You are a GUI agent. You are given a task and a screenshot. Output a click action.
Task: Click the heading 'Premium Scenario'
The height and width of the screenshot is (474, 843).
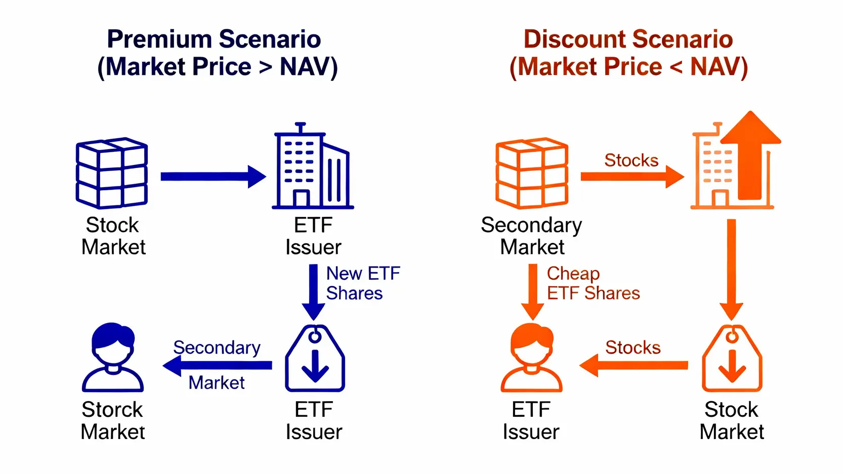[214, 39]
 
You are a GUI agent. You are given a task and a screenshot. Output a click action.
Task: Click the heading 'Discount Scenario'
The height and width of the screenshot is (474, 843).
[628, 39]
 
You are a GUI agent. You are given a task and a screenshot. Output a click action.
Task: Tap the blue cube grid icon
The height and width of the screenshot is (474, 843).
[112, 173]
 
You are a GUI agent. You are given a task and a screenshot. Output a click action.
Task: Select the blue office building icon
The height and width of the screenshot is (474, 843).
[313, 165]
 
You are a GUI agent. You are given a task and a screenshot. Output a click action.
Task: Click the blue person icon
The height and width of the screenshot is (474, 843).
[112, 357]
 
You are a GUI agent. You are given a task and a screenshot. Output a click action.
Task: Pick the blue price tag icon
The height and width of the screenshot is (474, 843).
[315, 358]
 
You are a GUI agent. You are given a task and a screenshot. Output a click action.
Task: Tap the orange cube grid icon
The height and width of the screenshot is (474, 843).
[532, 173]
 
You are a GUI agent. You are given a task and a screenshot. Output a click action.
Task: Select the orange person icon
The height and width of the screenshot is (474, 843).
[532, 357]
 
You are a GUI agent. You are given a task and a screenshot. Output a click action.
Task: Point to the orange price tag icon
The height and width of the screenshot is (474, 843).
[732, 358]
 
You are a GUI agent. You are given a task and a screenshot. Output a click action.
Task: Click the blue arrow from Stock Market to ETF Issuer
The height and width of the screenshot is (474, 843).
[214, 177]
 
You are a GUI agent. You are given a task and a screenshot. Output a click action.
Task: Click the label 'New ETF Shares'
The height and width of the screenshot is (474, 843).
[363, 283]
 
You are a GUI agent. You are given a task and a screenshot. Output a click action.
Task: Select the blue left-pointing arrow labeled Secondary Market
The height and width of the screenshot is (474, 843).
[217, 365]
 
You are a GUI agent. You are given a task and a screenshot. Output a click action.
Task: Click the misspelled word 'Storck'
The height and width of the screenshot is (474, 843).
[112, 409]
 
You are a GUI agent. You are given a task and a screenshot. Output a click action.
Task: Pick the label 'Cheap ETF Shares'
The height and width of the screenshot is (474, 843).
[593, 283]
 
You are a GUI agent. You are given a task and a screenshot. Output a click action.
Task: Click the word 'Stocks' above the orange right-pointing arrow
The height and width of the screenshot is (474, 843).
[631, 160]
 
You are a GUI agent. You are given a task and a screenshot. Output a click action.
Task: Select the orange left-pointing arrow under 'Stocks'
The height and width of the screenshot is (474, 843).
[634, 365]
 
